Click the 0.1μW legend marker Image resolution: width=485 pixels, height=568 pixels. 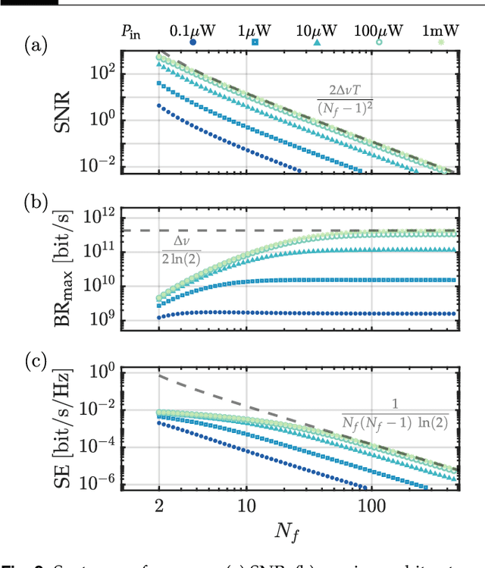click(x=192, y=42)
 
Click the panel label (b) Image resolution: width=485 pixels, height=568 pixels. click(x=36, y=202)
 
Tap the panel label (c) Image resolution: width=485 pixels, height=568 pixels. click(x=36, y=360)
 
